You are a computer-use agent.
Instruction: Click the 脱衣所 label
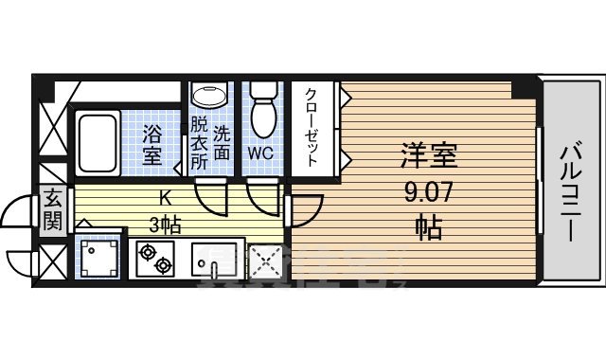pos(198,141)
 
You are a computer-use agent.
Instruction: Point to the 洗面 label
pos(222,141)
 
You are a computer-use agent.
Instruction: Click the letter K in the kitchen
pos(165,200)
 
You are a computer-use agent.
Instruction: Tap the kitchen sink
pos(218,259)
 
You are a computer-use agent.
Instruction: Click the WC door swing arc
pos(261,198)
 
